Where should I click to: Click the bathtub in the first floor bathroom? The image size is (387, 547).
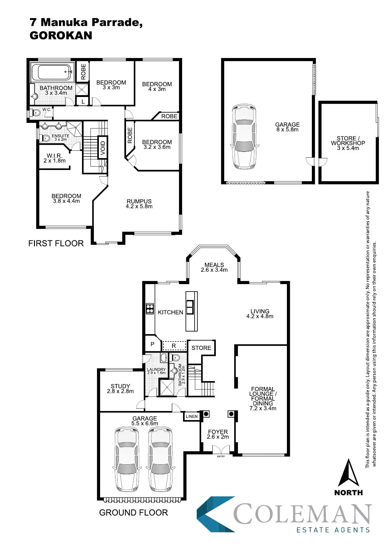[52, 72]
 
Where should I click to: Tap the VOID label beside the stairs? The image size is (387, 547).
[103, 148]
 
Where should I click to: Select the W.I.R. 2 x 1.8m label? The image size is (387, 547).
[55, 158]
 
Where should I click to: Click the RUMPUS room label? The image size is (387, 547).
[139, 204]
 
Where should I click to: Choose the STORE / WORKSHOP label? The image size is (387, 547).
[348, 143]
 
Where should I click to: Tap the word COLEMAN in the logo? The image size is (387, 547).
[302, 514]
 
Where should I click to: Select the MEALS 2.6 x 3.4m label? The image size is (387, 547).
[214, 267]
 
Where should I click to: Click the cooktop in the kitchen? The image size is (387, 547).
[150, 308]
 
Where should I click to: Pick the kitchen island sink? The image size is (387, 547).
[190, 307]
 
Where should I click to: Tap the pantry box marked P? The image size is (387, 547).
[152, 344]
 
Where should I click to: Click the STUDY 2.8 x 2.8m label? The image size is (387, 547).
[120, 389]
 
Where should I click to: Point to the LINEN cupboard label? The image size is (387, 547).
[191, 416]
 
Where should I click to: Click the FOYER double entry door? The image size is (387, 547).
[220, 450]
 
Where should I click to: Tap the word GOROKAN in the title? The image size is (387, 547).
[61, 36]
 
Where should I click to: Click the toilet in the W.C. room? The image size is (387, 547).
[36, 113]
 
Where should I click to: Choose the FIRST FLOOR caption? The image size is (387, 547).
[56, 244]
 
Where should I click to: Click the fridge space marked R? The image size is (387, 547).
[174, 346]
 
